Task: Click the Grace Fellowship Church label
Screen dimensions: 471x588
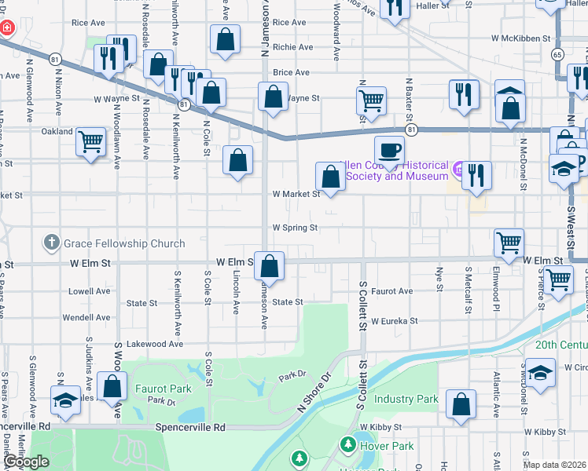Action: (x=126, y=243)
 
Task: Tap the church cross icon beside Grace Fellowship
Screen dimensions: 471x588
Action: (x=52, y=243)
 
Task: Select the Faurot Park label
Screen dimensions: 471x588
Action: (x=163, y=388)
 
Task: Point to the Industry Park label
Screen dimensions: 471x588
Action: (x=405, y=399)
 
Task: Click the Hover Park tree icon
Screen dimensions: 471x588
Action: (x=347, y=445)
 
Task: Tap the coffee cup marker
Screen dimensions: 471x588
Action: (x=388, y=149)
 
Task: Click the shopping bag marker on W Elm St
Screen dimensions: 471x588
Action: (x=270, y=267)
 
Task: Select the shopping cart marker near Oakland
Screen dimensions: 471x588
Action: (x=91, y=143)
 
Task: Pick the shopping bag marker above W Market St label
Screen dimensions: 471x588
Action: (x=331, y=177)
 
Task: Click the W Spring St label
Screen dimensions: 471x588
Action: (x=295, y=228)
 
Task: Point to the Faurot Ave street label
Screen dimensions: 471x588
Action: (x=392, y=291)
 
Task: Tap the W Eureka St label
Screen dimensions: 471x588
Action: (x=406, y=321)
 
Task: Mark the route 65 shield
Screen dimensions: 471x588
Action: (x=557, y=54)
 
